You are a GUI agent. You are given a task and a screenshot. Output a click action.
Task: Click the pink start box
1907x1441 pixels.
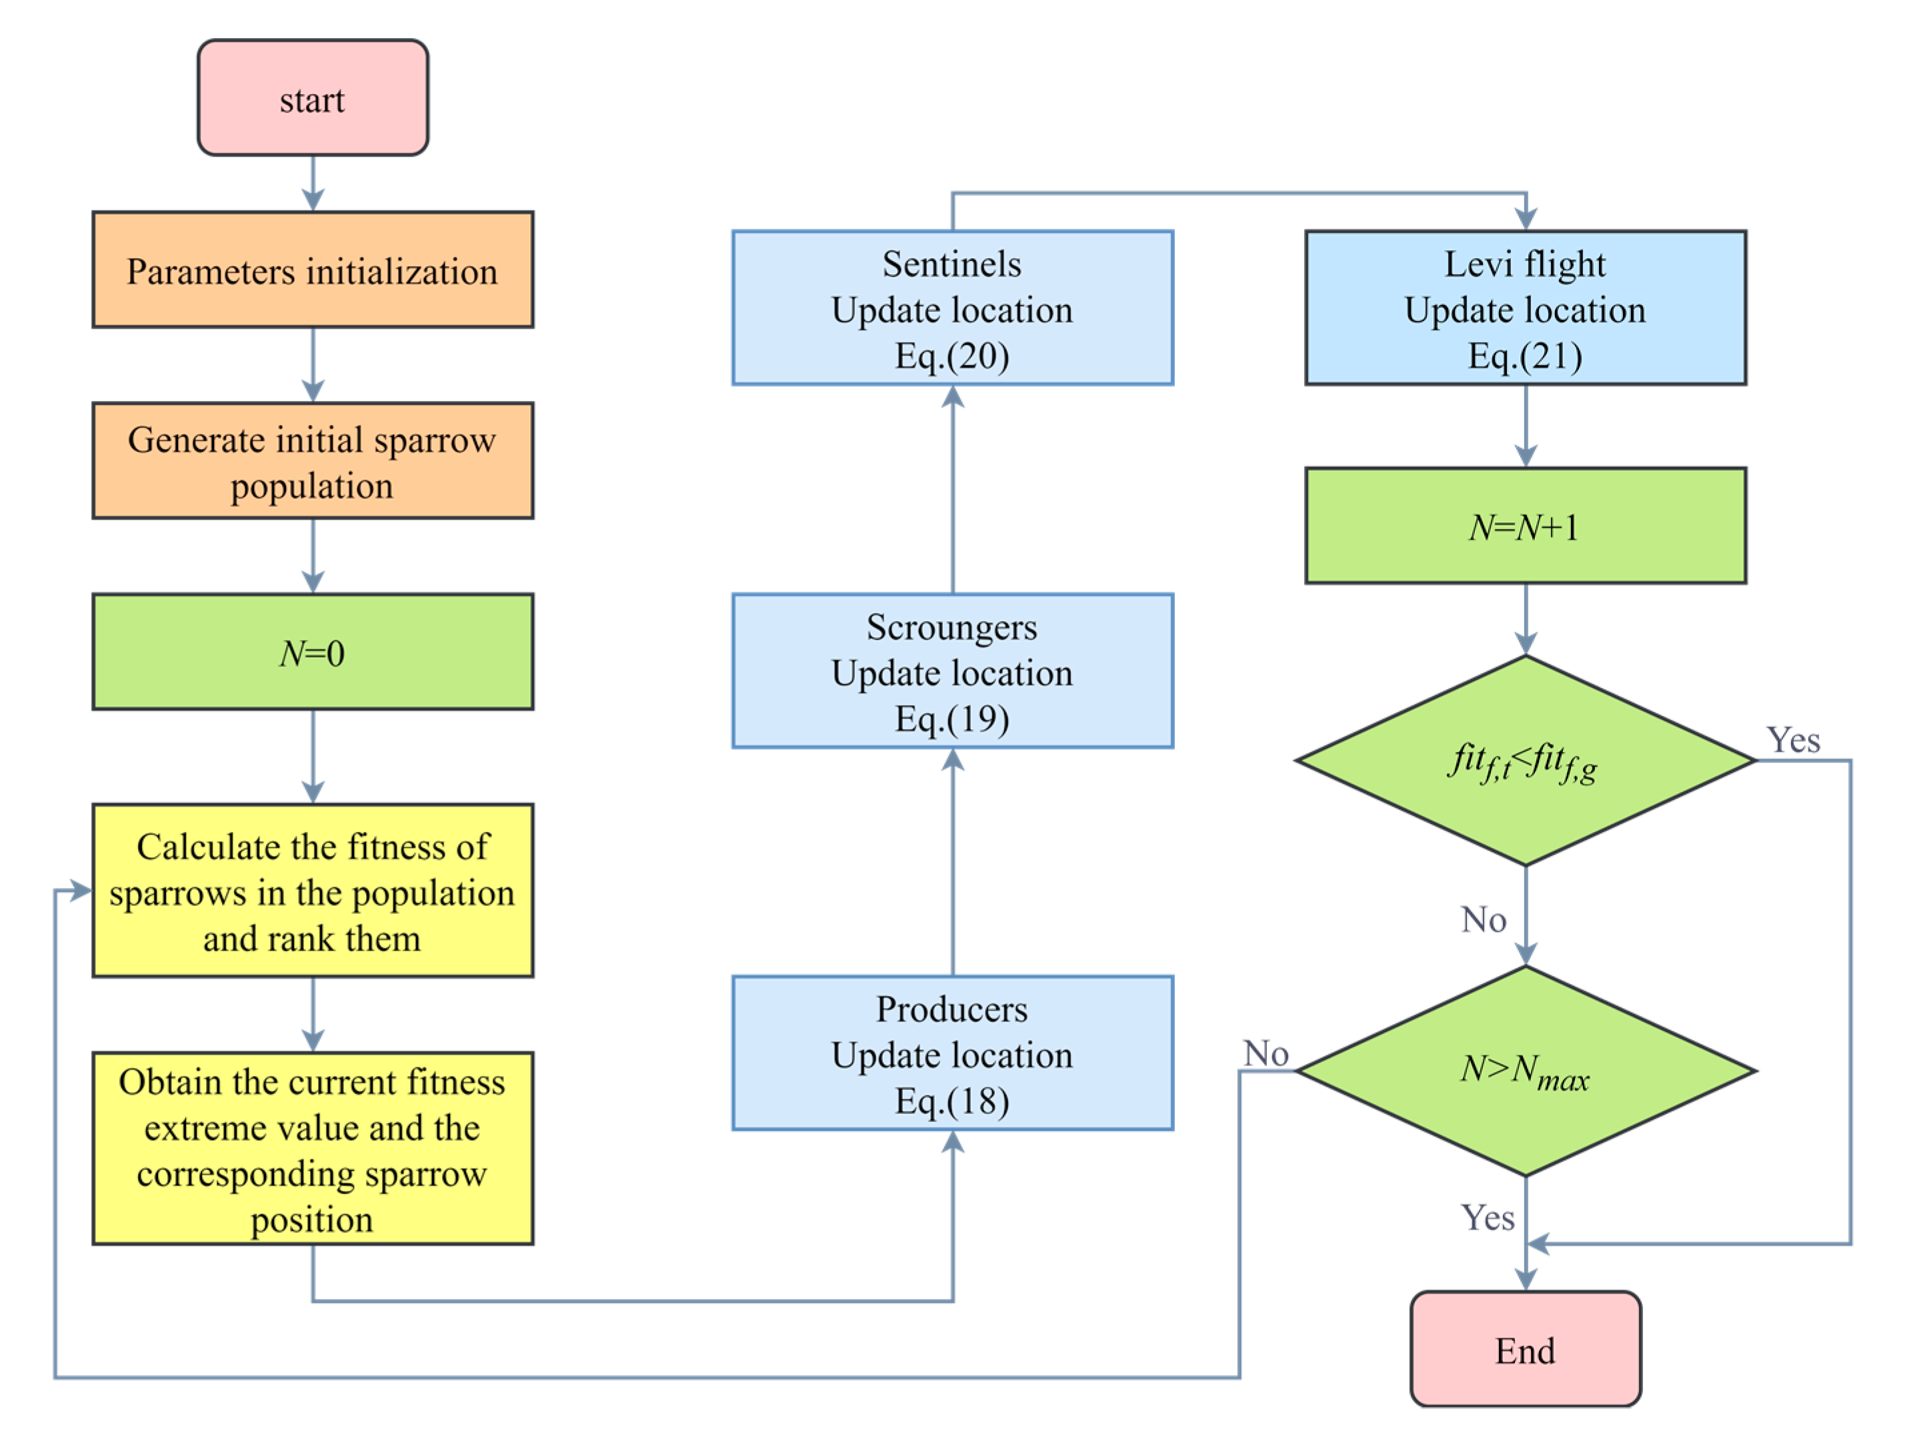click(312, 97)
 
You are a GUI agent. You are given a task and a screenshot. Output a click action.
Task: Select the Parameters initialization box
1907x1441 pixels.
click(312, 270)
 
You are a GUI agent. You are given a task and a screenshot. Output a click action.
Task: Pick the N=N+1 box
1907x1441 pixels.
click(1524, 526)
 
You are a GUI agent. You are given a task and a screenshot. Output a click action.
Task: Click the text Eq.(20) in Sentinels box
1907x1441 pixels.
click(951, 356)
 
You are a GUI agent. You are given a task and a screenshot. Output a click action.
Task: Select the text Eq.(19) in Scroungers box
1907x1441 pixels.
click(951, 719)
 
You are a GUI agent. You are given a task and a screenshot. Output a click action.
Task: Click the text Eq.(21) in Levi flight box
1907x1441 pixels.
click(1524, 356)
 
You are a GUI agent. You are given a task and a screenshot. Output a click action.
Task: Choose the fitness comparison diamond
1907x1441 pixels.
click(1524, 761)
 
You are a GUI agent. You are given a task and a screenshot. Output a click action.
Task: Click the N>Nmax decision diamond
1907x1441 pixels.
click(1524, 1070)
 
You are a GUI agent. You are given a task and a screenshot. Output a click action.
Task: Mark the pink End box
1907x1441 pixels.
click(1524, 1350)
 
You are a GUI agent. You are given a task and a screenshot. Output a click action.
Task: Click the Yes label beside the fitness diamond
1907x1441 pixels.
click(1792, 740)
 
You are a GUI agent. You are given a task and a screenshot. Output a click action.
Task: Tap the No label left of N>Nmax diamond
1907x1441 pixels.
click(1266, 1053)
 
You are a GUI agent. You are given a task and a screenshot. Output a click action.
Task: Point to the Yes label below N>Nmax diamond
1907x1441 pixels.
click(1487, 1218)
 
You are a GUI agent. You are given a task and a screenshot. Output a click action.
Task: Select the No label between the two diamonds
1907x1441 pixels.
click(1483, 919)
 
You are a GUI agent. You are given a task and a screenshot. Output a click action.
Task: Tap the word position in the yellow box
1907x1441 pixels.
click(312, 1220)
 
